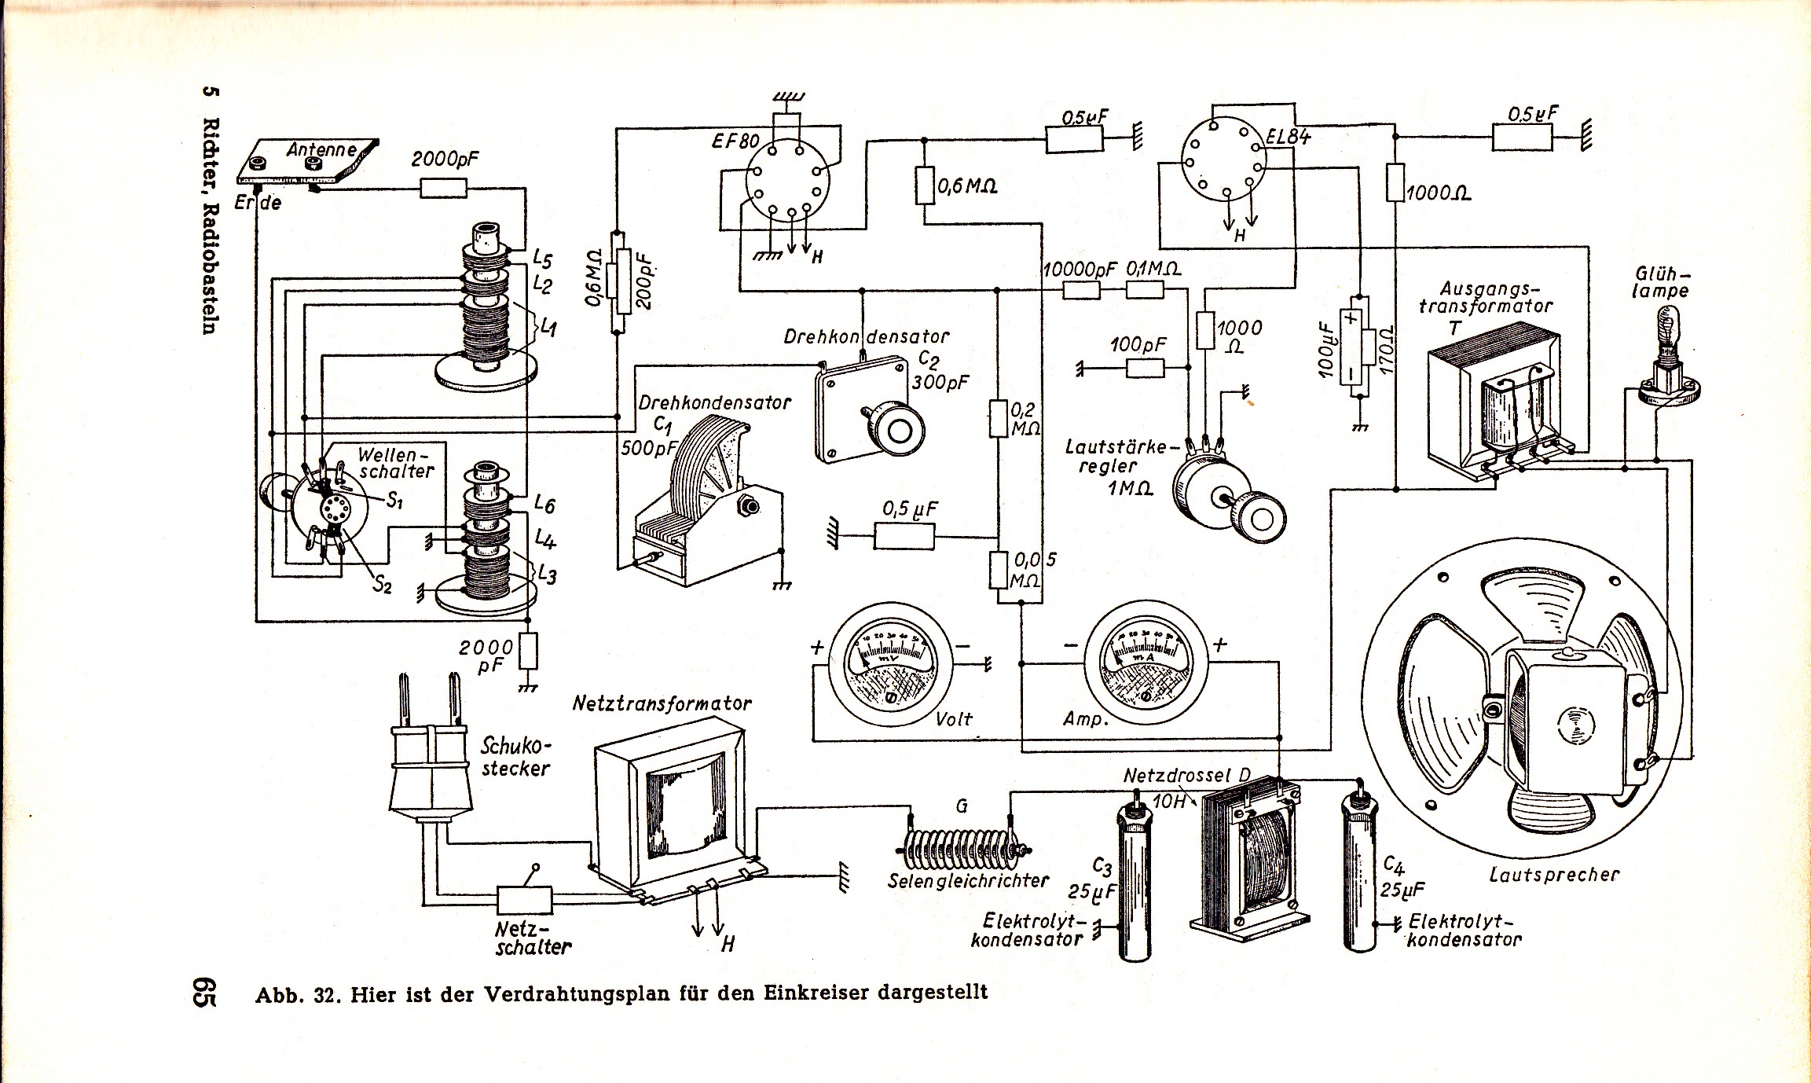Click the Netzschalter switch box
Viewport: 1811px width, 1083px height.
[x=524, y=899]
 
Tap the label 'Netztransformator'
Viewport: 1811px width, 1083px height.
[x=662, y=703]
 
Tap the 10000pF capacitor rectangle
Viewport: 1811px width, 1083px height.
[x=1081, y=291]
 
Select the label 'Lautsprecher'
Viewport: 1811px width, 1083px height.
[x=1554, y=874]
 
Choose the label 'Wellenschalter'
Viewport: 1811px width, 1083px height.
[x=395, y=463]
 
